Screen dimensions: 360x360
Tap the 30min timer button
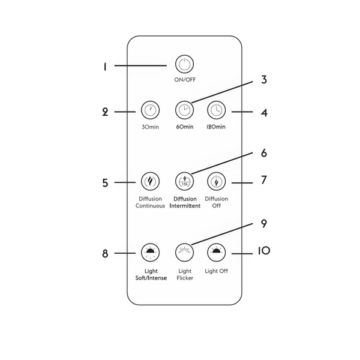(150, 110)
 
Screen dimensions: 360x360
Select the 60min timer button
(185, 110)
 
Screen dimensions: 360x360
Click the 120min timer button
(217, 110)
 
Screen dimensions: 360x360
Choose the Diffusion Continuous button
(150, 181)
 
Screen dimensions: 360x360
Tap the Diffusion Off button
(217, 181)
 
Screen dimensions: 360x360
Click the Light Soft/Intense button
(150, 253)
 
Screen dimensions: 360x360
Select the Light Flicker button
(185, 253)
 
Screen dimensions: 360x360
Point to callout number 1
(105, 67)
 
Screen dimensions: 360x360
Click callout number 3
(264, 80)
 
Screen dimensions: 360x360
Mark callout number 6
(264, 153)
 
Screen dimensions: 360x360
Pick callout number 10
(264, 251)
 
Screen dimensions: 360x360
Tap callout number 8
(105, 254)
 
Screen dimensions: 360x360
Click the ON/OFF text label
(185, 80)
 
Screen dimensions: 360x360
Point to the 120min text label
(216, 127)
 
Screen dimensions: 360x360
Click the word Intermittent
(185, 206)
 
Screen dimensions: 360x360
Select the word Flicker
(185, 278)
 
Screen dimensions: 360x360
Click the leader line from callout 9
(222, 234)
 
